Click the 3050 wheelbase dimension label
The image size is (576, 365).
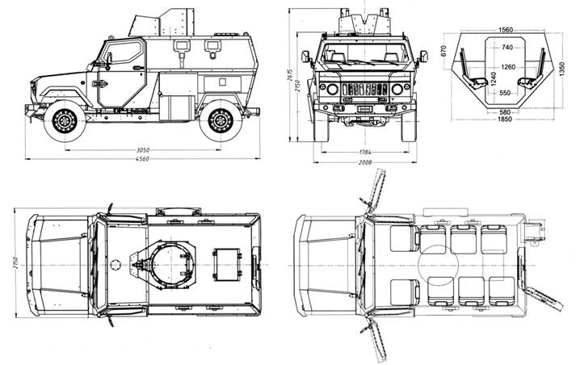click(x=143, y=150)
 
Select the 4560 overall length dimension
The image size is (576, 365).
click(x=142, y=159)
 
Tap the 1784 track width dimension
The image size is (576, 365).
click(x=365, y=152)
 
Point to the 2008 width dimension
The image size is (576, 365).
click(x=365, y=162)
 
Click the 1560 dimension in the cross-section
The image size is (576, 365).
click(x=506, y=30)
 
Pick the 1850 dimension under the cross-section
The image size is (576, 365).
click(x=505, y=120)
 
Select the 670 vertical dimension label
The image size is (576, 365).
click(x=444, y=51)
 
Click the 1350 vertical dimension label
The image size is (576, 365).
click(x=561, y=69)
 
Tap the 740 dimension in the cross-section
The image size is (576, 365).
click(x=507, y=47)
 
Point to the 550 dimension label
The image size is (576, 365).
click(x=505, y=93)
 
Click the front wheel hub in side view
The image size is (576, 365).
click(x=65, y=120)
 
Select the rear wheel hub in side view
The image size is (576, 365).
click(x=221, y=120)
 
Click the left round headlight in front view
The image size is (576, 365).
click(x=333, y=89)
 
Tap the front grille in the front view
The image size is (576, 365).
click(x=365, y=89)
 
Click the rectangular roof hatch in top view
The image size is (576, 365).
click(x=227, y=264)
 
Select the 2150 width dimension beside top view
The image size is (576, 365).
click(x=16, y=262)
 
